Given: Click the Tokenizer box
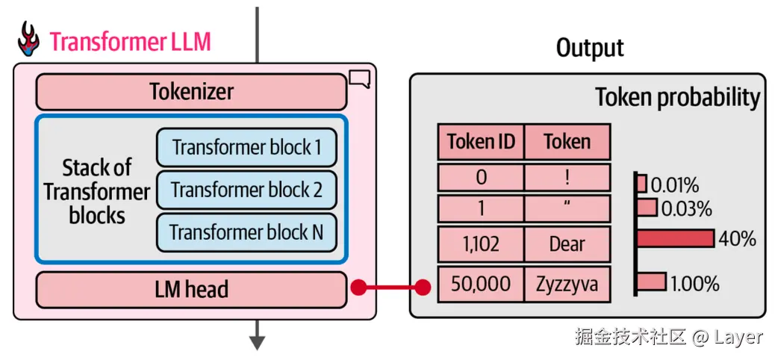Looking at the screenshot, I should point(191,92).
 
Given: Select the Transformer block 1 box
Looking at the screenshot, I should point(246,147).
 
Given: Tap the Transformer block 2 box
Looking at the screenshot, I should point(246,190).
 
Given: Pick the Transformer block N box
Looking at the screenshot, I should point(246,232).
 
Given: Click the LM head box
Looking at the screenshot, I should point(191,290).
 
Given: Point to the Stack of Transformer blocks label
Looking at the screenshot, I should point(96,191).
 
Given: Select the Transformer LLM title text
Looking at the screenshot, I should point(130,41).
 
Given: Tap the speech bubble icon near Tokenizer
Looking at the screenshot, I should point(359,78).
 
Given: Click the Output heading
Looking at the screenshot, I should point(590,48).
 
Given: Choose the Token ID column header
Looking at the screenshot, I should point(481,141).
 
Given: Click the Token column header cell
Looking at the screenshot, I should point(567,141).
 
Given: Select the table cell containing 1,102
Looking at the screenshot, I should point(481,244).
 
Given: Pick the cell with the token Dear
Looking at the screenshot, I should point(567,244).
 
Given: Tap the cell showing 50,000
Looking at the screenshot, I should point(481,284).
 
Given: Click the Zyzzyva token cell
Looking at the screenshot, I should point(567,284).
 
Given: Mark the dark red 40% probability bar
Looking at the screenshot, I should point(675,238).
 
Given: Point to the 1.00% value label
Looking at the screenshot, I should point(694,284).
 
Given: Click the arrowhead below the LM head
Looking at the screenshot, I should point(258,343).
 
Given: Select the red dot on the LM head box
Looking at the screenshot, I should point(358,287).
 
